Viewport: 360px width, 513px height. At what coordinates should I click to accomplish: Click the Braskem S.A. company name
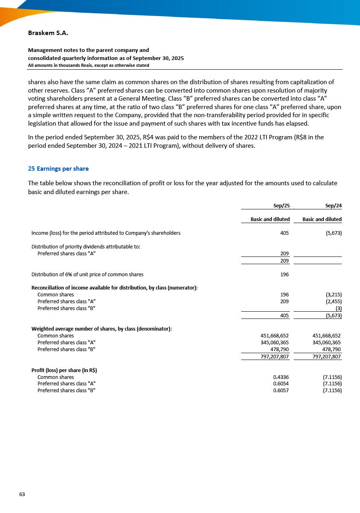48,33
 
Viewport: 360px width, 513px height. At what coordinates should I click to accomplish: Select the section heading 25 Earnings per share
58,169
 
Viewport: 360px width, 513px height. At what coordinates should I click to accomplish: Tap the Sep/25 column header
281,206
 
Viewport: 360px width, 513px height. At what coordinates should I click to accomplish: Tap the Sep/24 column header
333,206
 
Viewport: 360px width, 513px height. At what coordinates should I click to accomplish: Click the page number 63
22,494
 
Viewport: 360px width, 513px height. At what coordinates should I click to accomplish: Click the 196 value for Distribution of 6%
284,275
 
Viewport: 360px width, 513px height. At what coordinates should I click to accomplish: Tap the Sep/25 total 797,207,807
272,357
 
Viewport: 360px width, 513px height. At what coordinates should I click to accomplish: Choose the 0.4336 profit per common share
281,377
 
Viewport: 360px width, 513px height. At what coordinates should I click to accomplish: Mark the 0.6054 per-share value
281,384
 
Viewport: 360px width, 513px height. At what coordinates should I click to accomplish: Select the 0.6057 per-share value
281,391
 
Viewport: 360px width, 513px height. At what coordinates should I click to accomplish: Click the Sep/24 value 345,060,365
327,343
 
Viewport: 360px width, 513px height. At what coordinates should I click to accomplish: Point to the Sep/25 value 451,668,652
275,336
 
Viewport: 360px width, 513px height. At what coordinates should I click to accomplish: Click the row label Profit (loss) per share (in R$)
64,370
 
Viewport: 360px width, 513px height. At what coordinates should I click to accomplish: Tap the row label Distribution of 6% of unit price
87,275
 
